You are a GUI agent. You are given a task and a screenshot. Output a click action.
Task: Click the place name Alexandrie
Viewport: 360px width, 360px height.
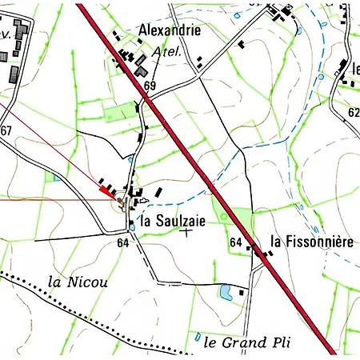click(170, 30)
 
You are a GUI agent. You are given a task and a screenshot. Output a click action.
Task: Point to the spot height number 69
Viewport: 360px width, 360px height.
click(150, 86)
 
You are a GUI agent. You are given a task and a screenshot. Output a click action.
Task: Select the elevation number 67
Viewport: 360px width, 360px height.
click(6, 130)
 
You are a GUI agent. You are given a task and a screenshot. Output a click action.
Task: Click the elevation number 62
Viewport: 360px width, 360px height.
click(354, 113)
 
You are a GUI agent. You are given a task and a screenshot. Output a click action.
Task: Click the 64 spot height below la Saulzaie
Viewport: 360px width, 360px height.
click(122, 242)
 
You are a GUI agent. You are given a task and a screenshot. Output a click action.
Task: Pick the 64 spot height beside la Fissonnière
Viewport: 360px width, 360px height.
click(235, 242)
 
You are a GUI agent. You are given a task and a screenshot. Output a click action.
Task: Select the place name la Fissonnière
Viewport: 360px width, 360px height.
click(310, 240)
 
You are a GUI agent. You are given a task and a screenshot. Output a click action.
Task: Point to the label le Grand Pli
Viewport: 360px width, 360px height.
click(246, 343)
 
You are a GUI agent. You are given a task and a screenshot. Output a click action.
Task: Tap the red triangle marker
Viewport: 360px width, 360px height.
click(106, 190)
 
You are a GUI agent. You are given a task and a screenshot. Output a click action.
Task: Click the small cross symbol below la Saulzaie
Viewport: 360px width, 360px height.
click(186, 232)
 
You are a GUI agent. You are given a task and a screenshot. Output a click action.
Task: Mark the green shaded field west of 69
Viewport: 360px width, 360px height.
click(120, 111)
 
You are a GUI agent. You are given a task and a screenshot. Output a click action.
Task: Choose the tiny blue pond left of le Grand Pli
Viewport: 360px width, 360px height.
click(197, 337)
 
